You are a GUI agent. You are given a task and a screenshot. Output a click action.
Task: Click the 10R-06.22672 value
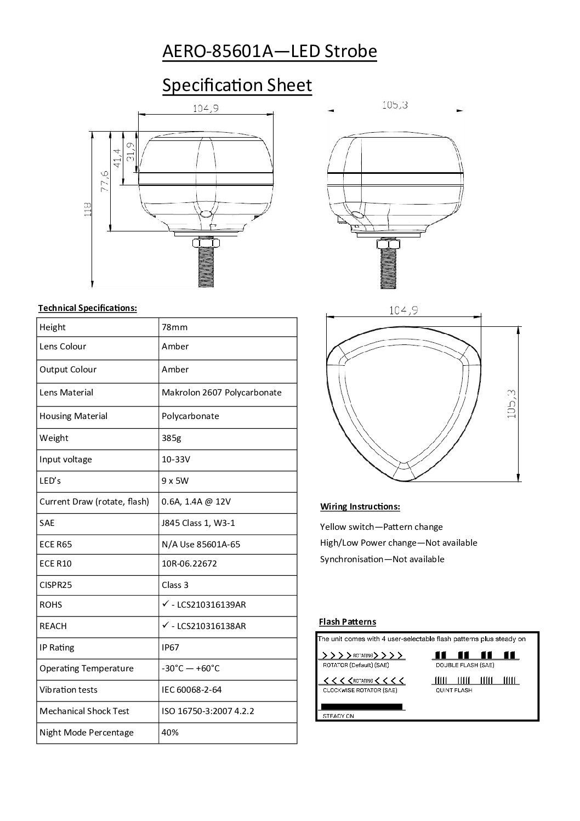tap(189, 563)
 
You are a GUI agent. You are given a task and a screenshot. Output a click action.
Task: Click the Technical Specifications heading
tap(87, 308)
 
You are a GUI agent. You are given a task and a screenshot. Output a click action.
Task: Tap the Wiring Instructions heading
tap(360, 506)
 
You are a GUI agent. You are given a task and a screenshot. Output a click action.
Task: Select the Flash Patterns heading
tap(347, 621)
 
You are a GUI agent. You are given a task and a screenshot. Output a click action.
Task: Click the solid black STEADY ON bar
tap(361, 707)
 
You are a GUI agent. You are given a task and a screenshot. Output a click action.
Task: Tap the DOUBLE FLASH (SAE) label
tap(464, 665)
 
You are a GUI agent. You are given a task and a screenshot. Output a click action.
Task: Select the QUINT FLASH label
tap(453, 690)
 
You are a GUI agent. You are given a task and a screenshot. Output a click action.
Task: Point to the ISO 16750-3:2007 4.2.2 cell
tap(208, 711)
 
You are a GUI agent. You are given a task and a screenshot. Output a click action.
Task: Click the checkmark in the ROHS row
tap(165, 604)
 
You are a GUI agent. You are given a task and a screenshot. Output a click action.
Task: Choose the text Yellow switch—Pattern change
tap(381, 527)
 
